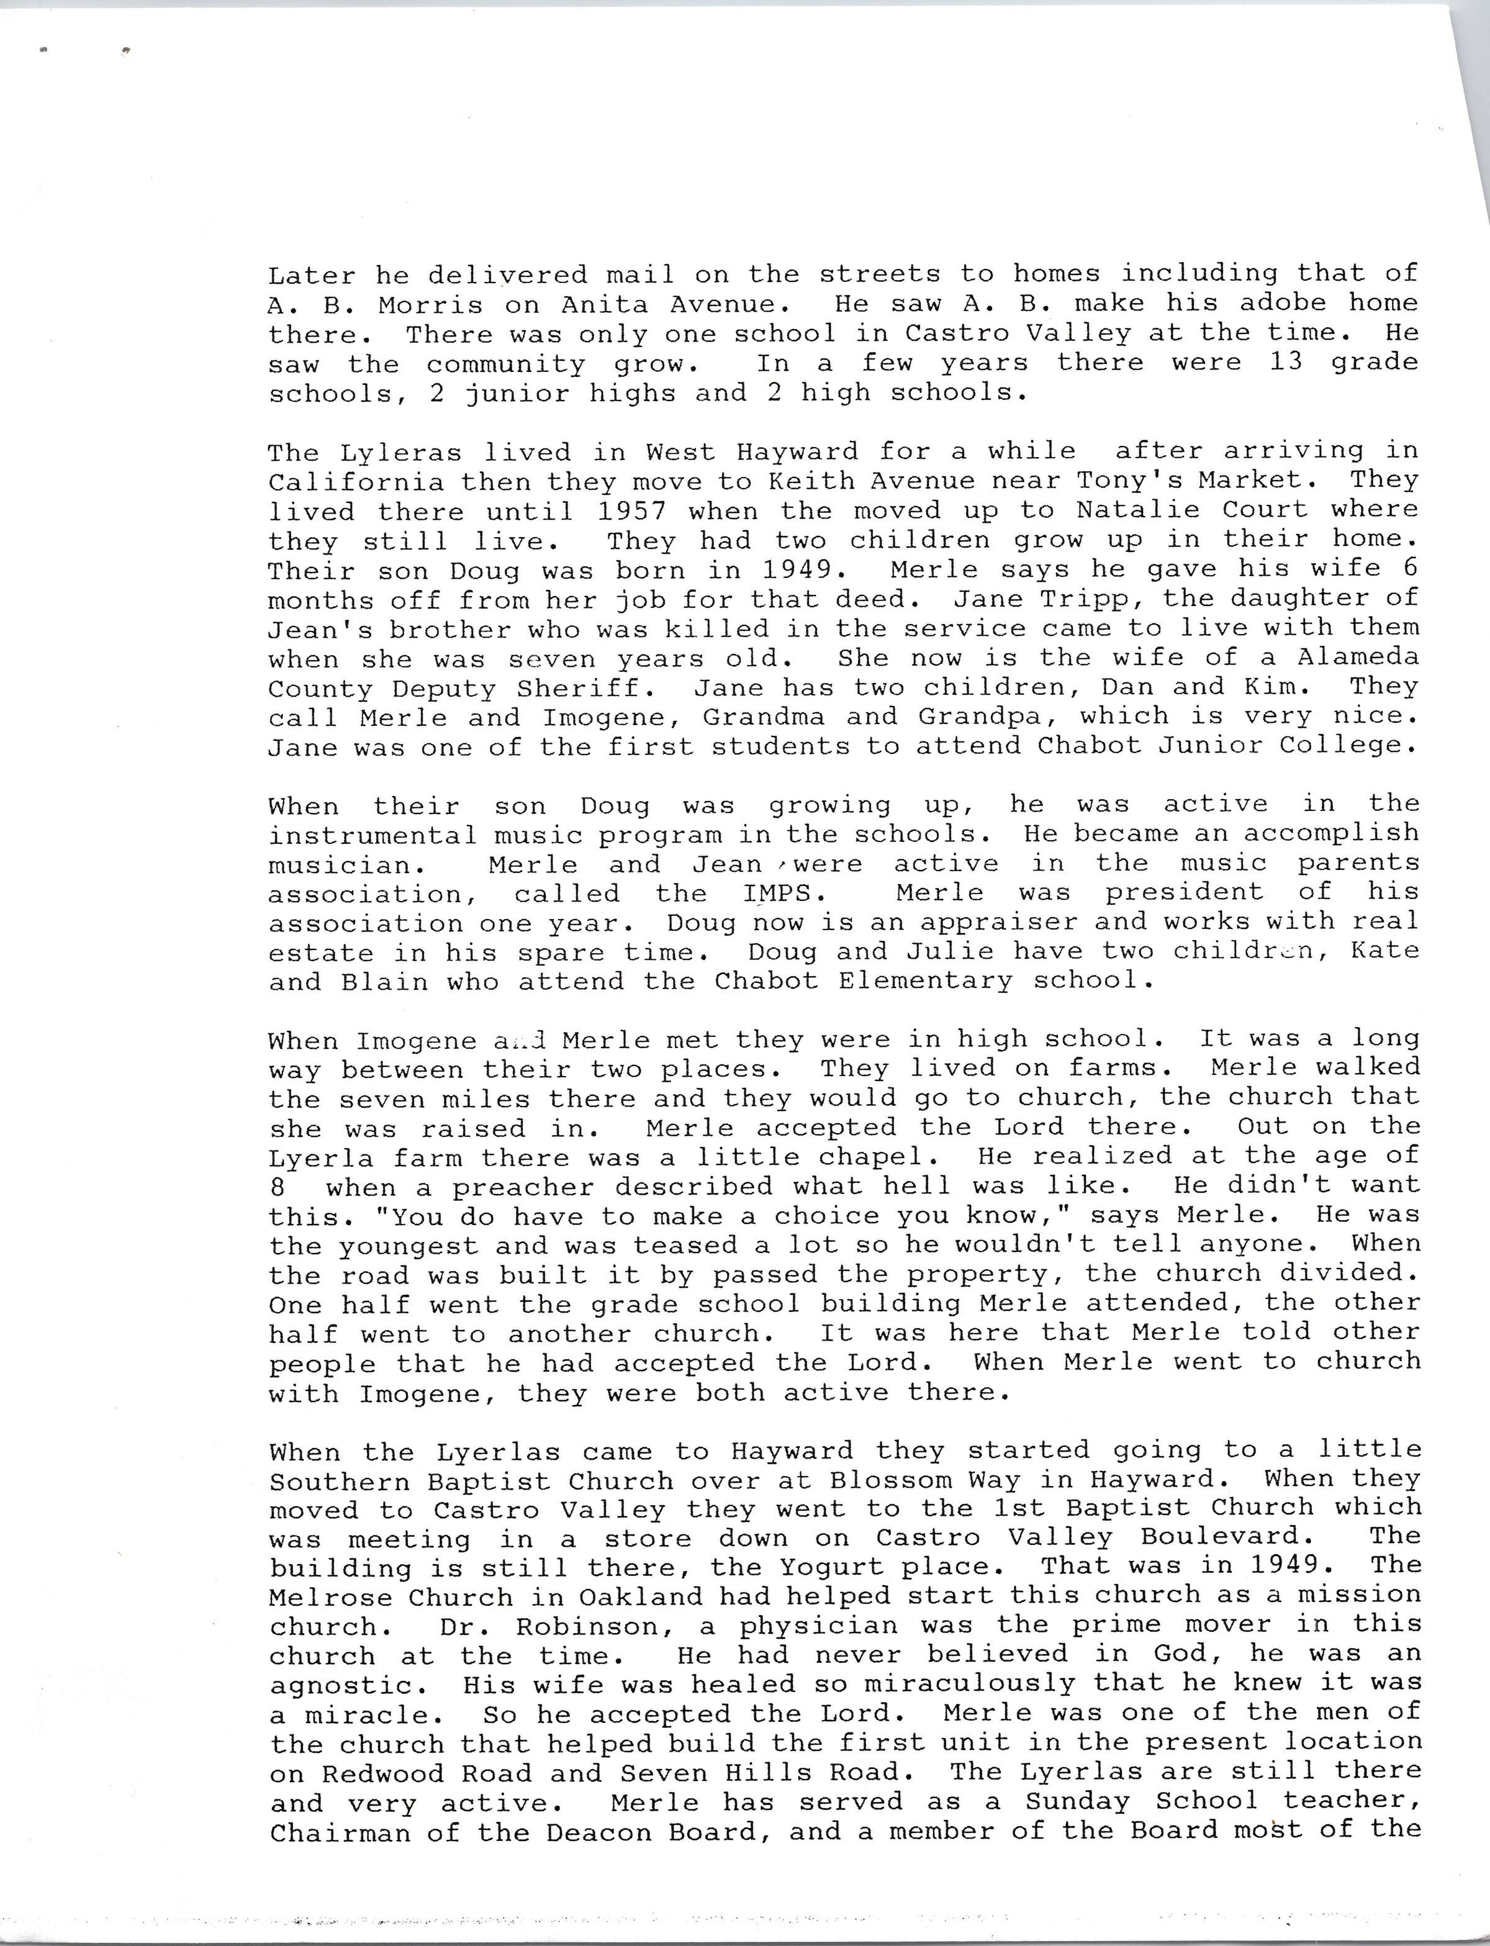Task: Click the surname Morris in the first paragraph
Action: (430, 305)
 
